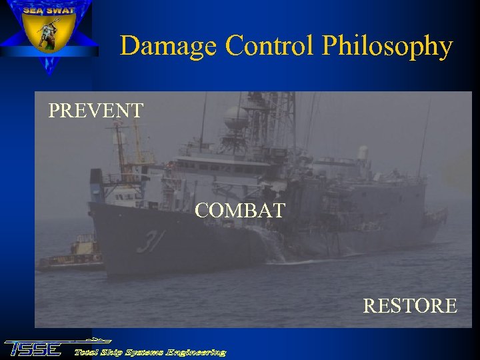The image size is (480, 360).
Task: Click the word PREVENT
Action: (x=95, y=110)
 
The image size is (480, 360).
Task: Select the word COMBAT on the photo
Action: (x=240, y=211)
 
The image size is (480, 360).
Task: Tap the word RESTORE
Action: (x=409, y=306)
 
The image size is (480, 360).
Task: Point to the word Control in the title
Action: (x=272, y=47)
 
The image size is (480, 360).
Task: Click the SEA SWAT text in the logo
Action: (x=48, y=11)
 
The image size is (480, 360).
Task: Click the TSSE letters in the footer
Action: (x=33, y=349)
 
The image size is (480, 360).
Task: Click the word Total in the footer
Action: (x=87, y=352)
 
